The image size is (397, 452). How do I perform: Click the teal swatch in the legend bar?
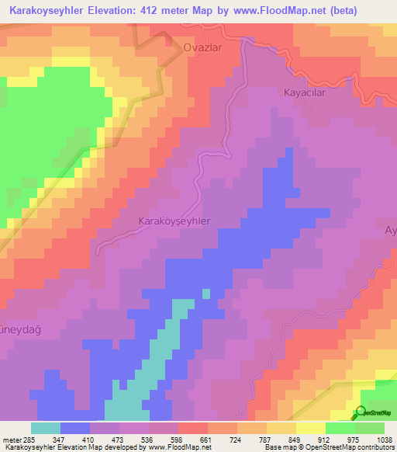tap(46, 428)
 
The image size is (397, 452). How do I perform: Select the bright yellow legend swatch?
tap(311, 428)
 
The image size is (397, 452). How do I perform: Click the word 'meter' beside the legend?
tap(9, 439)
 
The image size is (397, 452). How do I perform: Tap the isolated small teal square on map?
tap(206, 294)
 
